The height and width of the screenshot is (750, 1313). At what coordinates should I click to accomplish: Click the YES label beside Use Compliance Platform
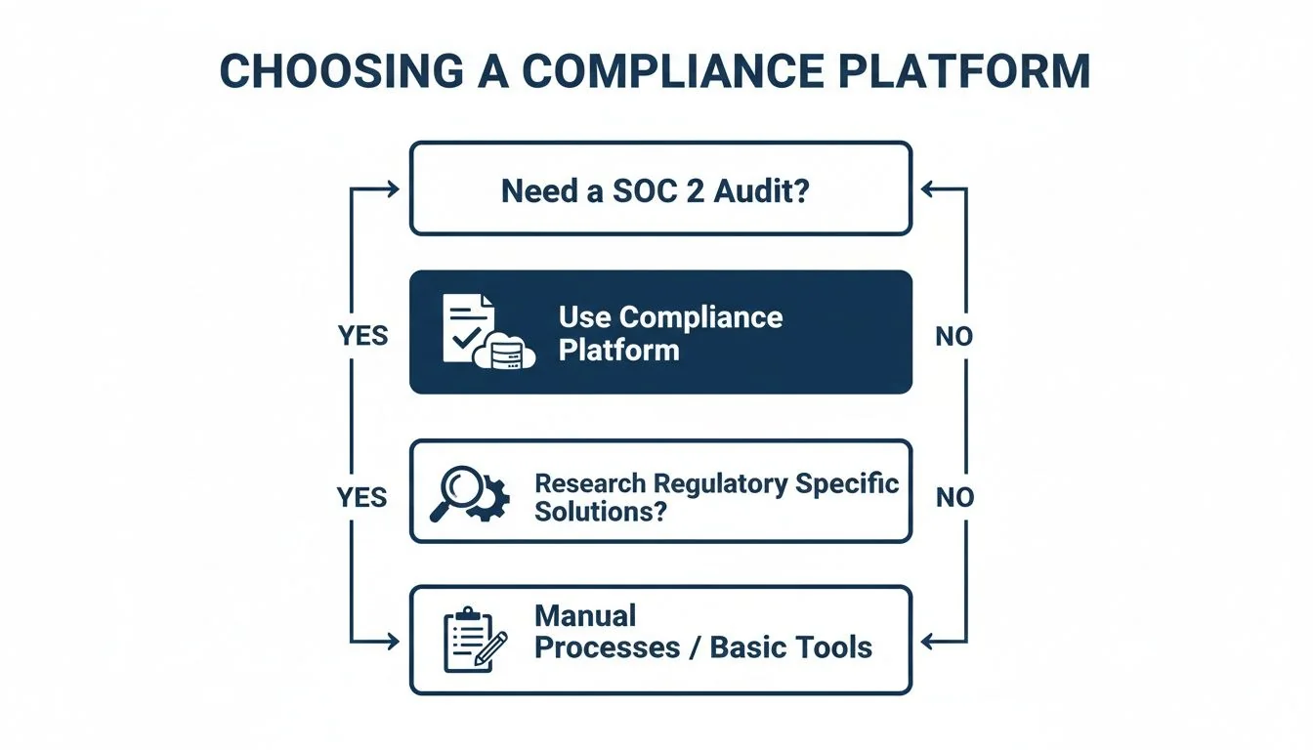coord(362,336)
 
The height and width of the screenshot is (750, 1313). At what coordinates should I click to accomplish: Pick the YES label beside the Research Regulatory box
coord(362,497)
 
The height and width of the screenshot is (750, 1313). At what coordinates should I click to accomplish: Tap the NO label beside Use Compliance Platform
coord(953,336)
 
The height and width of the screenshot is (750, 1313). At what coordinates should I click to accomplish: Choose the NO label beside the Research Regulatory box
coord(953,497)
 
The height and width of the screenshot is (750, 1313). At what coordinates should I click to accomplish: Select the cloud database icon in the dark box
coord(505,354)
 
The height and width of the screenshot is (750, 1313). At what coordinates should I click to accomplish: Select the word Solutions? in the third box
coord(601,511)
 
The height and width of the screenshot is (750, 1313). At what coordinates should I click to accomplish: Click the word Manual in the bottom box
coord(585,615)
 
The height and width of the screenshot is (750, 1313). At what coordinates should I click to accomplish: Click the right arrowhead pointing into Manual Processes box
coord(928,642)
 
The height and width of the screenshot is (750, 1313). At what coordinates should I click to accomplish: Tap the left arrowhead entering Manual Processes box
coord(393,642)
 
